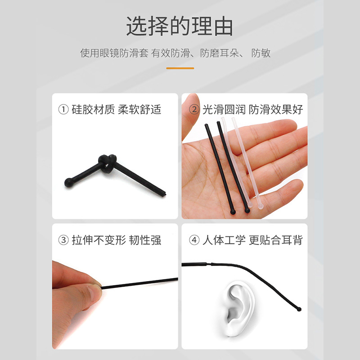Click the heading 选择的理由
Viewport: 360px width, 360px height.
click(180, 26)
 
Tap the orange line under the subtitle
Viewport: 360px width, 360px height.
click(180, 68)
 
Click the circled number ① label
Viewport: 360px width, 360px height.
click(63, 109)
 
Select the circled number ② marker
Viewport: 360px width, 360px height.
click(194, 109)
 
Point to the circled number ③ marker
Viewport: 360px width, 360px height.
click(63, 240)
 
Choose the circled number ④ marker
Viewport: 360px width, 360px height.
click(194, 240)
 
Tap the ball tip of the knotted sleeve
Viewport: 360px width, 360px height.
click(68, 183)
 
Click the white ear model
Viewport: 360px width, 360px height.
click(239, 308)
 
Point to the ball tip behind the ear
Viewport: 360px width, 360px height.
click(299, 309)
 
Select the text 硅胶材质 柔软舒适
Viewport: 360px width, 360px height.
click(117, 109)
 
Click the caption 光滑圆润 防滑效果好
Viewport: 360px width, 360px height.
click(252, 109)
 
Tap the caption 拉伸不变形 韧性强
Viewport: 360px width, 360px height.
click(117, 240)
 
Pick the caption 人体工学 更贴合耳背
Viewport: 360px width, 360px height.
click(252, 240)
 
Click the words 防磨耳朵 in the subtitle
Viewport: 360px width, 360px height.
click(219, 53)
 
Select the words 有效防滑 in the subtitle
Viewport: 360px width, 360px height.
click(171, 53)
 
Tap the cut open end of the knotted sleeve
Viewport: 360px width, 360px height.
click(164, 194)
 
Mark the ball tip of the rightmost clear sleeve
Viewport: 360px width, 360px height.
click(260, 207)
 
